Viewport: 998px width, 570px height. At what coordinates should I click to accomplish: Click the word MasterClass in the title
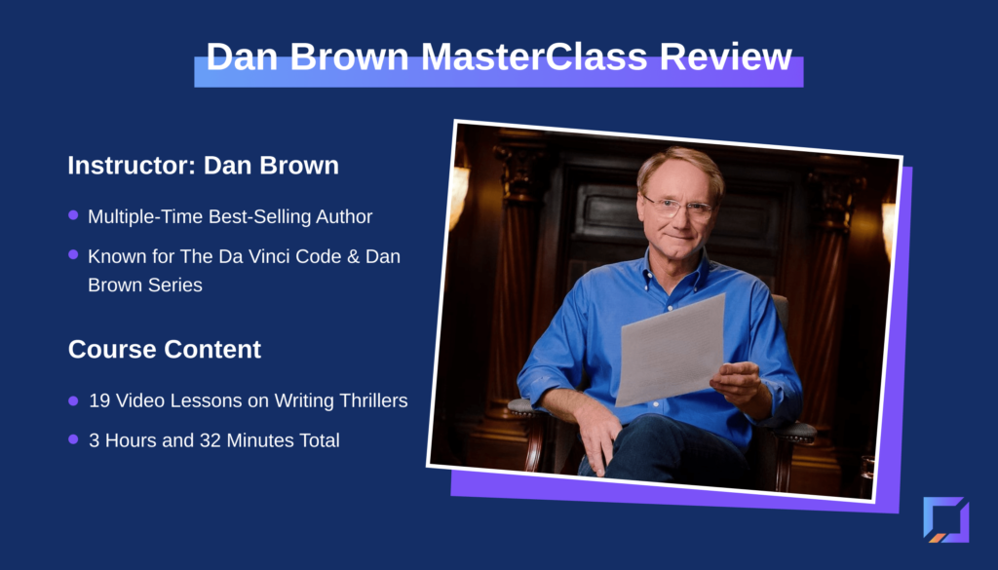(x=534, y=57)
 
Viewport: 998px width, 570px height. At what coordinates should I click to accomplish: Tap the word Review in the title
(x=725, y=57)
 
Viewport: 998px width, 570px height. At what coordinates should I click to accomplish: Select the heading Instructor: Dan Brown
(x=203, y=166)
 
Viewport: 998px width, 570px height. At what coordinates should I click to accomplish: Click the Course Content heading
(x=164, y=349)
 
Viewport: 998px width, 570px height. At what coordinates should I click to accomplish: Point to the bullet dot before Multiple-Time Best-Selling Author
(x=73, y=215)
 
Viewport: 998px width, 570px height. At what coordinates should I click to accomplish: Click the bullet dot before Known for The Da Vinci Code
(x=73, y=254)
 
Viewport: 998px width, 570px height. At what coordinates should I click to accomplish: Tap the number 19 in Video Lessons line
(x=99, y=400)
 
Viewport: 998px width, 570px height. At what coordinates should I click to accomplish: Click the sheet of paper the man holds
(x=671, y=349)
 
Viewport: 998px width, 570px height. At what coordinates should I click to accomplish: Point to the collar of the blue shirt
(x=676, y=266)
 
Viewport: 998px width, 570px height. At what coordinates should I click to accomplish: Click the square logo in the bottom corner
(x=945, y=519)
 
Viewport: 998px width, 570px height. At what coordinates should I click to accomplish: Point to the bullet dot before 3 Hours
(x=73, y=439)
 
